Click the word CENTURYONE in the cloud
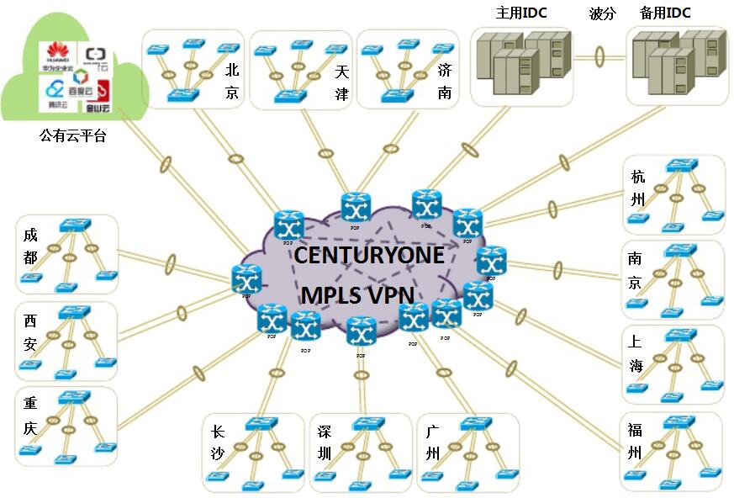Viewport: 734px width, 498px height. tap(369, 256)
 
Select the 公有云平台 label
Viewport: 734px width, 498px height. tap(73, 135)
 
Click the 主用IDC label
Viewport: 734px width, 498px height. tap(521, 13)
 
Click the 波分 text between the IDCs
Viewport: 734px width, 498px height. tap(602, 13)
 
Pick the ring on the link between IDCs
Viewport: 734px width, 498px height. tap(600, 57)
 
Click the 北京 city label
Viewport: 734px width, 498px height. tap(232, 82)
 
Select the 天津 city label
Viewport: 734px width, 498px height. tap(341, 82)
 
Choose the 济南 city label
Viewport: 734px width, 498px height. tap(446, 82)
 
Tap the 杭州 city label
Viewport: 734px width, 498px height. tap(637, 189)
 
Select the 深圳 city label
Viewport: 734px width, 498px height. tap(325, 443)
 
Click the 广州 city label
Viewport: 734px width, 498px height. tap(433, 443)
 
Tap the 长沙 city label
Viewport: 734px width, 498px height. tap(217, 443)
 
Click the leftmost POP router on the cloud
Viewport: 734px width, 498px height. tap(247, 278)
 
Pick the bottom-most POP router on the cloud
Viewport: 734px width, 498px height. tap(361, 332)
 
